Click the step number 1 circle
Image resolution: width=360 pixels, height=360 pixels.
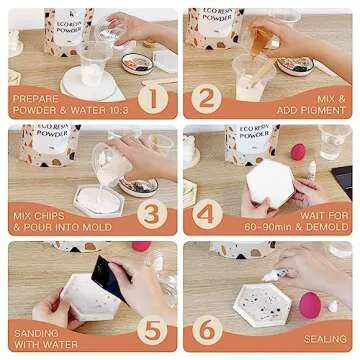click(x=151, y=99)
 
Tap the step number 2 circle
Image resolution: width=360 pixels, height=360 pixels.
click(x=207, y=99)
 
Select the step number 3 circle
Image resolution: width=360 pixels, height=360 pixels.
click(x=151, y=213)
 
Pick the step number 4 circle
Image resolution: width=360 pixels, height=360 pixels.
click(x=207, y=213)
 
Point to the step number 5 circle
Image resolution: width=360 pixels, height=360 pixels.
click(x=151, y=328)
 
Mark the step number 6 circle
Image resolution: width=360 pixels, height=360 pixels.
click(x=207, y=328)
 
